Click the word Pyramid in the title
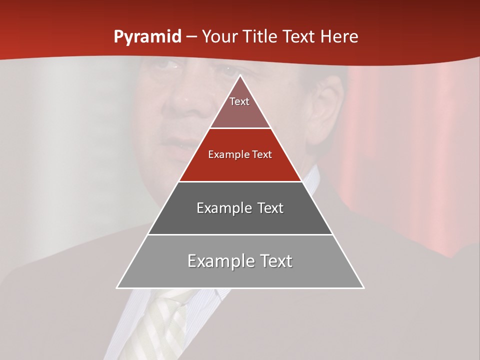tap(147, 37)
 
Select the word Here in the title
tap(339, 37)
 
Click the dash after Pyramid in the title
tap(191, 37)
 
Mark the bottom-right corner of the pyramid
tap(363, 287)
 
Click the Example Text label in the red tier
tap(240, 154)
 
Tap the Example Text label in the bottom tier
tap(240, 261)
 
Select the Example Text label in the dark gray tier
tap(240, 208)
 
